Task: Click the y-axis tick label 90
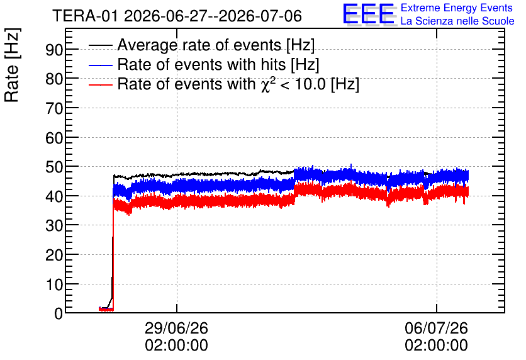(54, 50)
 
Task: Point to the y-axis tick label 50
(54, 167)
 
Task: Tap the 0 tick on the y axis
(59, 313)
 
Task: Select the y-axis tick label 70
(54, 108)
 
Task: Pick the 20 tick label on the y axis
(54, 255)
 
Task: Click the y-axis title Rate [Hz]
(12, 65)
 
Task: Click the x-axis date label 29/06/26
(176, 328)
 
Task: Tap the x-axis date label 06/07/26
(436, 328)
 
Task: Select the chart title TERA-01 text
(85, 16)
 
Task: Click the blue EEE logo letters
(369, 14)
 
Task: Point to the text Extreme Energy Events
(457, 8)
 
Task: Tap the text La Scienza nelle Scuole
(457, 21)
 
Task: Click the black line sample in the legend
(100, 45)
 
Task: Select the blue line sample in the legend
(100, 65)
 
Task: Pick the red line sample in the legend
(100, 84)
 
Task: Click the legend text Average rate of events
(199, 45)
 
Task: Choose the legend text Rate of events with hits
(201, 64)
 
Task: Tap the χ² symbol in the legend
(266, 84)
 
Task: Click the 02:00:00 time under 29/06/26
(176, 346)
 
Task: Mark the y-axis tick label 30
(54, 225)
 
